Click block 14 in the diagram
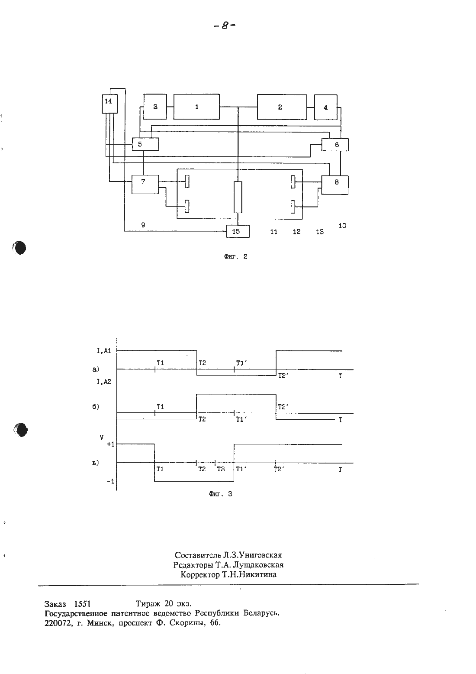click(x=109, y=104)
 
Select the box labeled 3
click(x=155, y=107)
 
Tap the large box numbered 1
click(x=196, y=107)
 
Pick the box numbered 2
click(x=282, y=107)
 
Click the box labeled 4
click(x=326, y=107)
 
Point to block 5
click(x=145, y=144)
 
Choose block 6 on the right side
click(x=335, y=145)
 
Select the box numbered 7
click(x=145, y=185)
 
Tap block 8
click(x=335, y=185)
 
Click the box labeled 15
click(x=238, y=231)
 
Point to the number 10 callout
click(x=342, y=226)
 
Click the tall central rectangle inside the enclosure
click(x=238, y=197)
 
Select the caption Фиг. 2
click(x=235, y=257)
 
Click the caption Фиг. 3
click(x=221, y=494)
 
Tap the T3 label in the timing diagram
click(x=221, y=469)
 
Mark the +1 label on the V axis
click(x=111, y=444)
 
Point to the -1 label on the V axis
click(x=111, y=481)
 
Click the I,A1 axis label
click(x=104, y=351)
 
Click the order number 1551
click(x=82, y=604)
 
